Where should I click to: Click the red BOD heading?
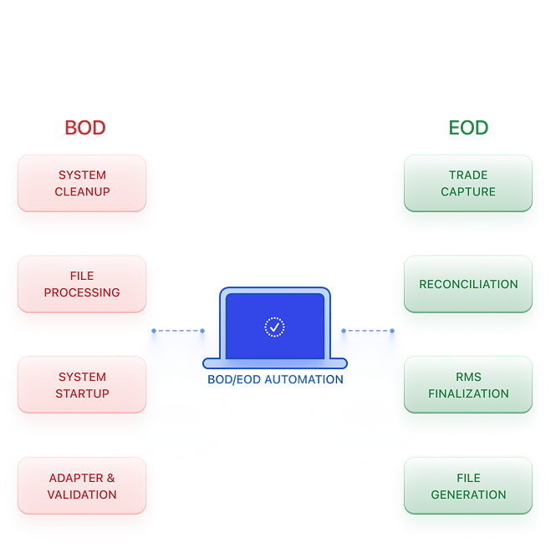(85, 128)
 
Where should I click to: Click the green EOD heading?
(468, 128)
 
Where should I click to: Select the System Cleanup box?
(82, 183)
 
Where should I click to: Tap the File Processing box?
(82, 284)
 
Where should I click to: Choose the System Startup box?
(82, 385)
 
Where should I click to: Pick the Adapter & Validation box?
(82, 486)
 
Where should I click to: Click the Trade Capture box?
(468, 183)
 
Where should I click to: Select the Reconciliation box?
(468, 284)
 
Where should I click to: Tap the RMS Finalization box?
(468, 385)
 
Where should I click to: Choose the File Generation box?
(468, 486)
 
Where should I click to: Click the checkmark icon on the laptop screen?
(274, 327)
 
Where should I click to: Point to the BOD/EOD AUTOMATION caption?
(275, 379)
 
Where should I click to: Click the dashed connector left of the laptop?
(178, 331)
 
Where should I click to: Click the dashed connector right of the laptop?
(368, 331)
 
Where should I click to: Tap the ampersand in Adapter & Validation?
(110, 478)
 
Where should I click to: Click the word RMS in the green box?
(468, 377)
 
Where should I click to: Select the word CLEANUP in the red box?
(82, 191)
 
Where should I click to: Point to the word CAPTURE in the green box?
(468, 191)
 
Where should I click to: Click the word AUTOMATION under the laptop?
(304, 379)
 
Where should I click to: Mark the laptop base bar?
(275, 363)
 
